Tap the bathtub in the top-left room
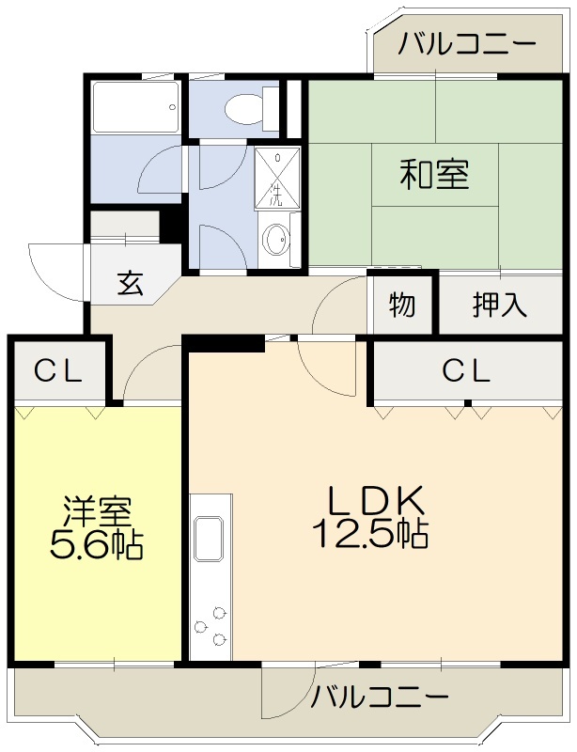click(136, 107)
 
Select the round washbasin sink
click(277, 239)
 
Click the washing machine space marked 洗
click(278, 178)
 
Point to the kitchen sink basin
click(209, 539)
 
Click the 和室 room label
click(434, 175)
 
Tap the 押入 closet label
click(500, 304)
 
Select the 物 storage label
click(401, 304)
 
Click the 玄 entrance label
click(131, 283)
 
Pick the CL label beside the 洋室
click(59, 371)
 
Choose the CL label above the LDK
click(466, 370)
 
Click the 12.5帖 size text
click(370, 534)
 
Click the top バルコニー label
click(466, 44)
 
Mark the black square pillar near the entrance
click(169, 226)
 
